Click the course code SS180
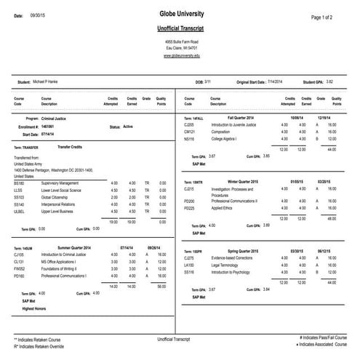[19, 182]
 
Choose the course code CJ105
[19, 255]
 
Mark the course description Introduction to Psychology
[230, 273]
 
